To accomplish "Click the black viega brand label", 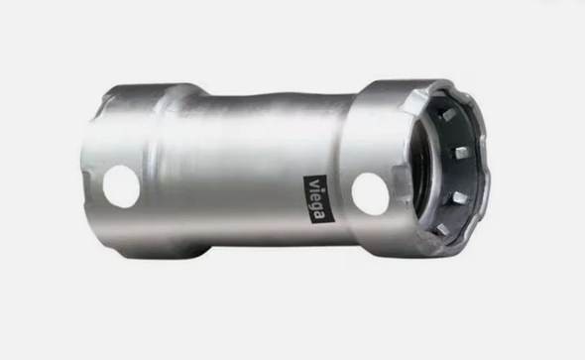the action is click(x=316, y=199).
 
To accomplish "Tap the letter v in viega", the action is click(x=314, y=183).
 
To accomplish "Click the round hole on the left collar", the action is click(x=121, y=186).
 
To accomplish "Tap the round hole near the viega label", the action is click(x=371, y=194).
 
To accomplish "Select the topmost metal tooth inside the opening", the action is click(x=448, y=115).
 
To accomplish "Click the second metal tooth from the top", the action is click(x=461, y=152).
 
